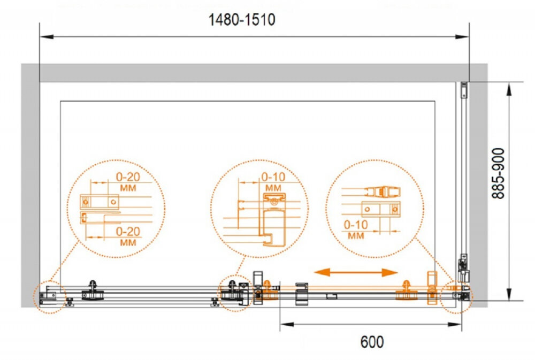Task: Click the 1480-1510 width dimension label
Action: (242, 20)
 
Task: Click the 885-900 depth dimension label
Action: (498, 173)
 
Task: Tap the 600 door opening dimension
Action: (372, 342)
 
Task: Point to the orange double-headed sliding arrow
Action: (356, 272)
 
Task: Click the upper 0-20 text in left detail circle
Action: (128, 177)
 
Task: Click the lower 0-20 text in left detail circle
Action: (128, 232)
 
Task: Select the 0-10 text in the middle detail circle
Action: (273, 177)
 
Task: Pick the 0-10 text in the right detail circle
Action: (356, 225)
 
